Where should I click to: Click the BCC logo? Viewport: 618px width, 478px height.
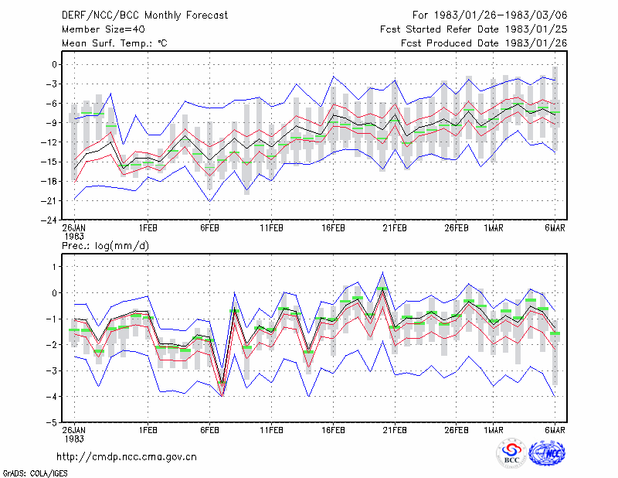[x=511, y=453]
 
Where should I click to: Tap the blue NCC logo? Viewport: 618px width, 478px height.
[x=547, y=453]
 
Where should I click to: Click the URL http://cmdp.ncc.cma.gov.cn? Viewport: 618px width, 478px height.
[x=127, y=457]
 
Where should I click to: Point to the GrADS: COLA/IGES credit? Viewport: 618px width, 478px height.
[x=36, y=473]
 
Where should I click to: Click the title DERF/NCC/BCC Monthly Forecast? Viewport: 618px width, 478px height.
[x=144, y=15]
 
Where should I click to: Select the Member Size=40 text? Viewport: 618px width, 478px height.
[x=104, y=29]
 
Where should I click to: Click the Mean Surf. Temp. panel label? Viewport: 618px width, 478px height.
[x=114, y=43]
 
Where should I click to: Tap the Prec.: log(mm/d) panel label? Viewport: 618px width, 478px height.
[x=105, y=246]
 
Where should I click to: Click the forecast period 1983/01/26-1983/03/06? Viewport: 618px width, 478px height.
[x=501, y=15]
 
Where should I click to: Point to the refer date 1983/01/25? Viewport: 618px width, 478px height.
[x=536, y=29]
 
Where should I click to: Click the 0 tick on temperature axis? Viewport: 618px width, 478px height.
[x=54, y=64]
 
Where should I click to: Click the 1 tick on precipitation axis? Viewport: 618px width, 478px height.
[x=55, y=267]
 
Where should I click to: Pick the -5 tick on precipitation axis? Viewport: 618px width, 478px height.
[x=51, y=422]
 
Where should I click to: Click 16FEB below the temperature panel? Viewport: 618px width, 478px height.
[x=334, y=228]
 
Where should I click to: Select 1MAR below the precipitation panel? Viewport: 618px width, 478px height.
[x=494, y=430]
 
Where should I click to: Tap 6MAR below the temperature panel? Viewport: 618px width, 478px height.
[x=555, y=228]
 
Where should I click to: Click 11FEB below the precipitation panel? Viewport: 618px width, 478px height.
[x=272, y=430]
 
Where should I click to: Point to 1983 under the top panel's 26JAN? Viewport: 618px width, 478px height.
[x=74, y=237]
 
